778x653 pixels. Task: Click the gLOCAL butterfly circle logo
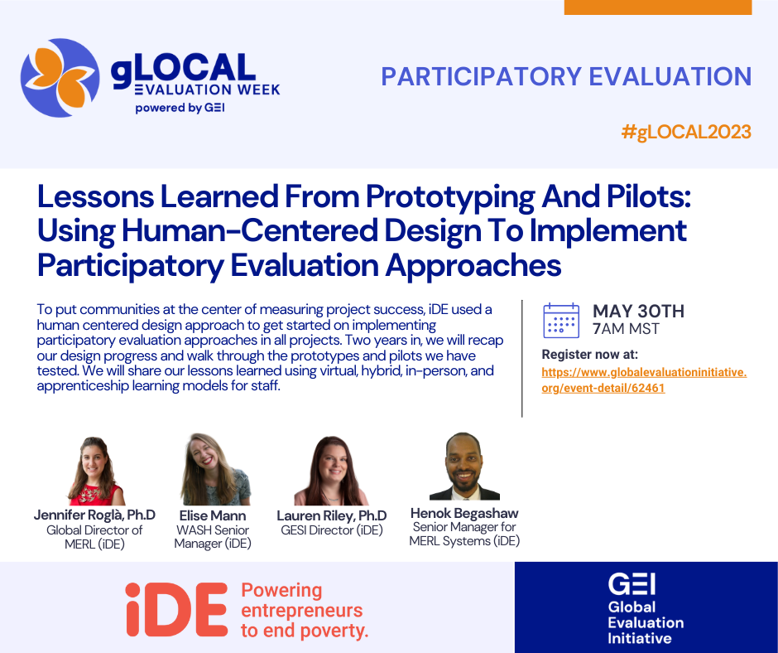tap(60, 78)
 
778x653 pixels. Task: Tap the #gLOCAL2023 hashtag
tap(686, 133)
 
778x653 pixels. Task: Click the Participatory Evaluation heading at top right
tap(566, 76)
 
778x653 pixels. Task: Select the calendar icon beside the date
tap(561, 320)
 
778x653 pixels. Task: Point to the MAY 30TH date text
tap(638, 311)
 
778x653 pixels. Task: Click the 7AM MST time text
tap(626, 329)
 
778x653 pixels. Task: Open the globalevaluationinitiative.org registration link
tap(644, 380)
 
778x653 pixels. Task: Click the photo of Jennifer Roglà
tap(95, 471)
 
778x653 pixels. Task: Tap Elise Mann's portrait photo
tap(214, 469)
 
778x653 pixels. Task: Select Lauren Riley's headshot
tap(331, 471)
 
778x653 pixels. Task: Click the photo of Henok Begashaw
tap(464, 467)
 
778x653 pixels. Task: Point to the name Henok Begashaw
tap(464, 513)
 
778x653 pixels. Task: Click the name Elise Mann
tap(213, 515)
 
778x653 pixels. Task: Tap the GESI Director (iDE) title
tap(332, 530)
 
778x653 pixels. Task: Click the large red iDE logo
tap(176, 609)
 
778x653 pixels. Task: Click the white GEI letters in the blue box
tap(632, 584)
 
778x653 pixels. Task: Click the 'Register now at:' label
tap(590, 355)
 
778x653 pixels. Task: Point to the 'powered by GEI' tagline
tap(180, 108)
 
